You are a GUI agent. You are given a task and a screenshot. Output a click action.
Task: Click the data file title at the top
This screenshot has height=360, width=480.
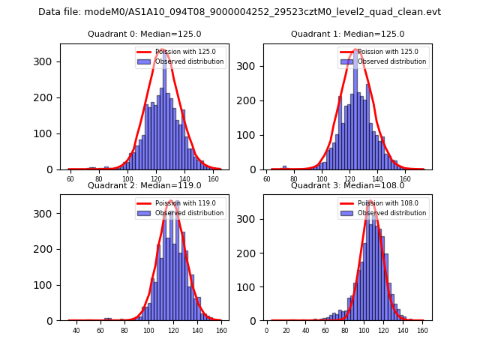click(x=239, y=12)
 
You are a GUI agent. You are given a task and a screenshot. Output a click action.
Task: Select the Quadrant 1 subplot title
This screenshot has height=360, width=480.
click(x=347, y=34)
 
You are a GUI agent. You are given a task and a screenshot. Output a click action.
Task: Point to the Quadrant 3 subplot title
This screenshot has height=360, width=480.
click(x=347, y=185)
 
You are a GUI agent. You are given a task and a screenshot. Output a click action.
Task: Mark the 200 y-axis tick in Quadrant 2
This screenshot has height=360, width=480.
click(x=47, y=249)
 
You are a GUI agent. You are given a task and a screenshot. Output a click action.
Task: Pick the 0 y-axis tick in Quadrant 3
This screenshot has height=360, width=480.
click(x=256, y=320)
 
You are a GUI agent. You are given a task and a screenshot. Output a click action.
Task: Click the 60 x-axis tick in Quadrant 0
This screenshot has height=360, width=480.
click(x=70, y=179)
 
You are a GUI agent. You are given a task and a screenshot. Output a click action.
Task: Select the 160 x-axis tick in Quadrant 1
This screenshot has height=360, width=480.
click(x=406, y=179)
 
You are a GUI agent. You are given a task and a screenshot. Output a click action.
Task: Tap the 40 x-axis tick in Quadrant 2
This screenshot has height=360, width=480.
click(x=76, y=330)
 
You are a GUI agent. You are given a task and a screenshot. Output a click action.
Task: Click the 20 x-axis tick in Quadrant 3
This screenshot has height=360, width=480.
click(x=286, y=330)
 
